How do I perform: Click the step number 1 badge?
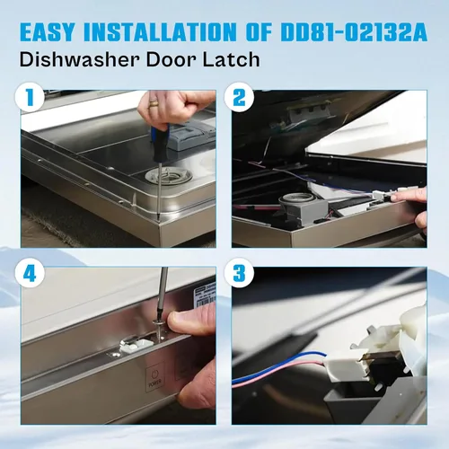[x=30, y=97]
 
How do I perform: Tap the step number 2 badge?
[x=239, y=97]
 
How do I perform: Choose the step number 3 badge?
[x=239, y=273]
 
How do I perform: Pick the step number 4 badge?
[x=30, y=273]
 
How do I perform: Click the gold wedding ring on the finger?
[x=154, y=103]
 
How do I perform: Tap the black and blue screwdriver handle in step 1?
[x=161, y=144]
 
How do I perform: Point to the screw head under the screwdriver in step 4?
[x=158, y=323]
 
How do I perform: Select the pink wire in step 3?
[x=277, y=373]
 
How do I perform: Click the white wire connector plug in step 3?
[x=343, y=365]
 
